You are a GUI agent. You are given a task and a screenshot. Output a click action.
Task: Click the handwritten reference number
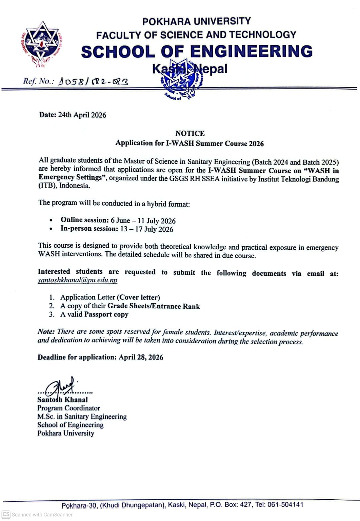pyautogui.click(x=94, y=81)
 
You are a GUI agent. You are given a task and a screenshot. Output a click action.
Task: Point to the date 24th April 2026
pyautogui.click(x=82, y=115)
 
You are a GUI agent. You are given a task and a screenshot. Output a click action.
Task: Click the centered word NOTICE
pyautogui.click(x=190, y=133)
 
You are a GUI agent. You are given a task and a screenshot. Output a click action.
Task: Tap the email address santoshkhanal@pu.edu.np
pyautogui.click(x=78, y=280)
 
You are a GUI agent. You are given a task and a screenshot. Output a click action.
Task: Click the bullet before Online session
pyautogui.click(x=51, y=220)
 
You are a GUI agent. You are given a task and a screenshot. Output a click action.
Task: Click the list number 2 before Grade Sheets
pyautogui.click(x=52, y=306)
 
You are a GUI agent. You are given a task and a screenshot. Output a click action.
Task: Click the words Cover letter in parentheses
pyautogui.click(x=138, y=297)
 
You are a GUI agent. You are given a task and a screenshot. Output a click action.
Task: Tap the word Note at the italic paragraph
pyautogui.click(x=46, y=332)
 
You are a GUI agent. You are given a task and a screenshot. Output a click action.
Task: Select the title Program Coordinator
pyautogui.click(x=69, y=408)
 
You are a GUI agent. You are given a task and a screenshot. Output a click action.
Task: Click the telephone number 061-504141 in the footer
pyautogui.click(x=285, y=504)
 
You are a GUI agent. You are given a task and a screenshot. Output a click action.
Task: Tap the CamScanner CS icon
pyautogui.click(x=6, y=514)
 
